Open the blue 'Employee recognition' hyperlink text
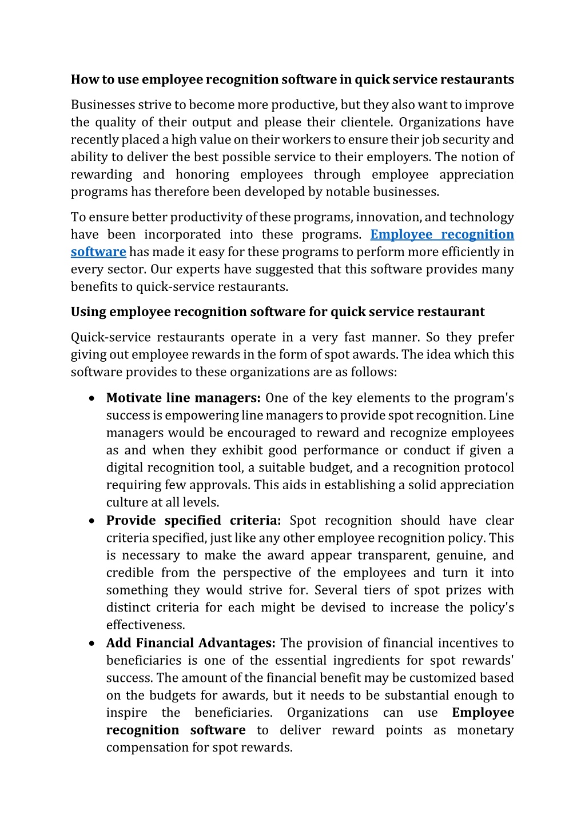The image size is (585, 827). coord(442,234)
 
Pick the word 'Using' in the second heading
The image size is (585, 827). coord(88,312)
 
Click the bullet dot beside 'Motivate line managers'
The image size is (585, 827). coord(91,398)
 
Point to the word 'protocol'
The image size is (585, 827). coord(489,468)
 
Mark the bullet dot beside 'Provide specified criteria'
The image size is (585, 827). coord(91,521)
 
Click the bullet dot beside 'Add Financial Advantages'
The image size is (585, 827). coord(91,644)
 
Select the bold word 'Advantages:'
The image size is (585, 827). coord(237,643)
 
